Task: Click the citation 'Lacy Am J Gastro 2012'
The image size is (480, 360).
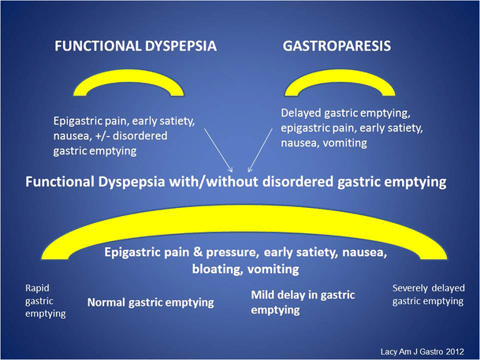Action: coord(426,346)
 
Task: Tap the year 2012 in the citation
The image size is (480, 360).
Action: coord(457,346)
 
